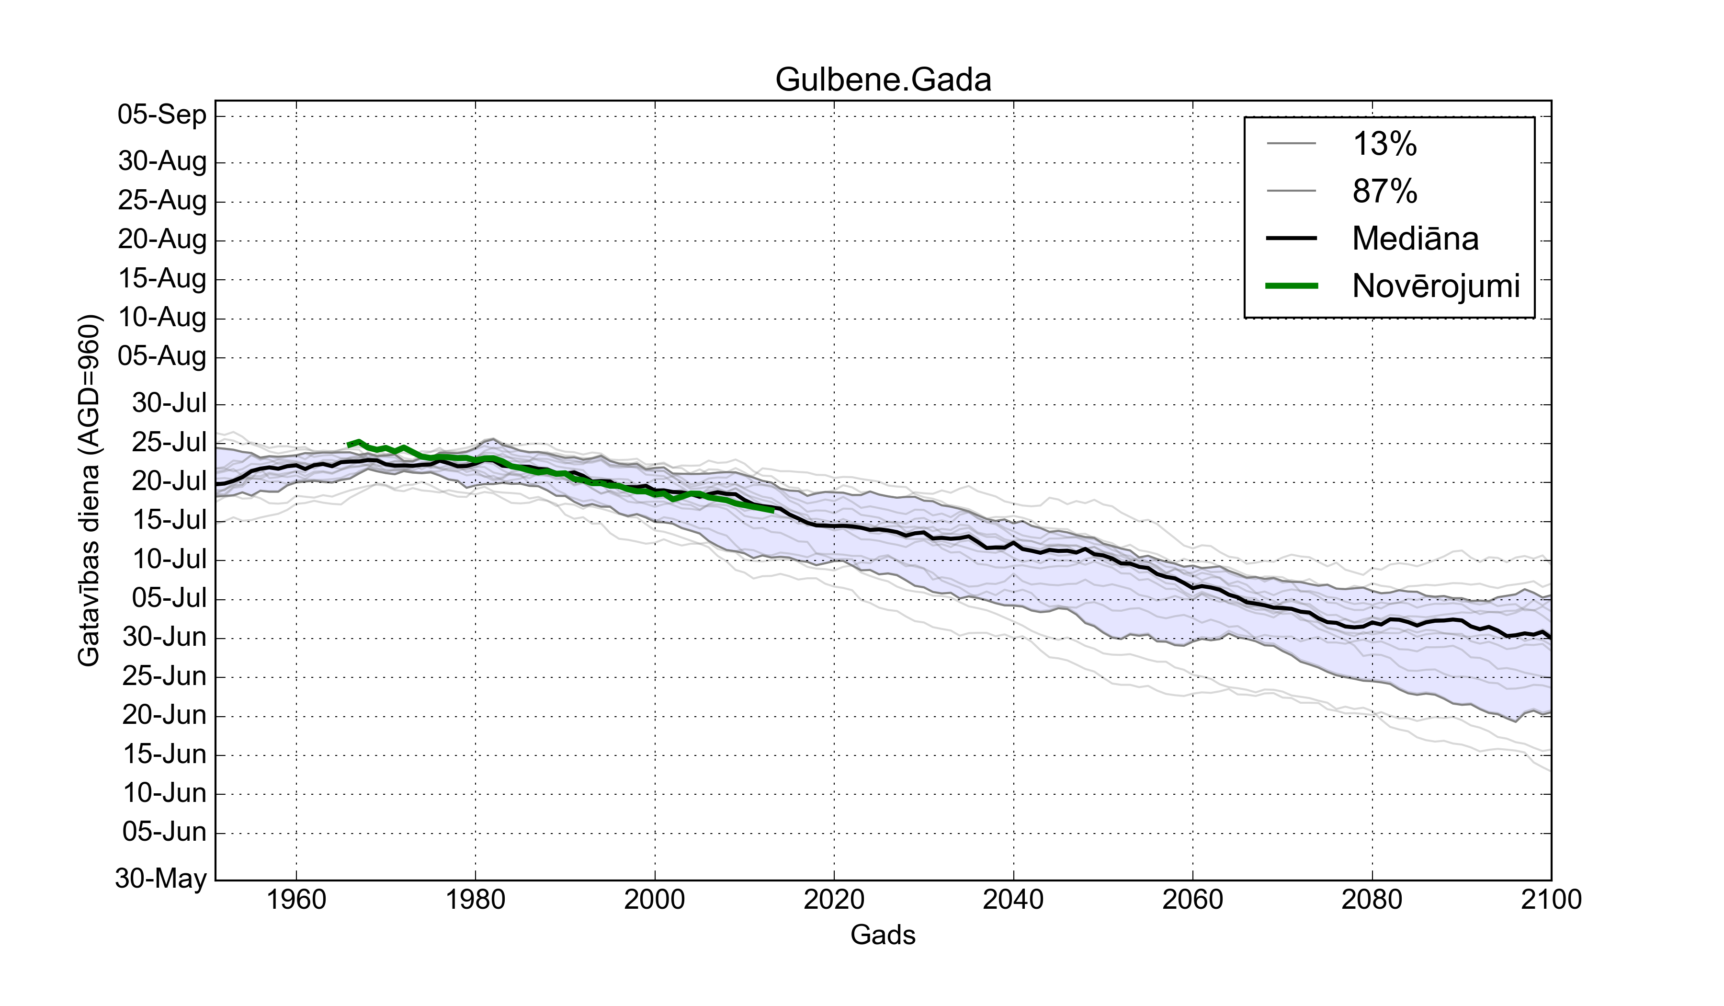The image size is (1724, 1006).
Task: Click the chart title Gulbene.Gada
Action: point(883,80)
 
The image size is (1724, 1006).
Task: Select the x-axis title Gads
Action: point(883,935)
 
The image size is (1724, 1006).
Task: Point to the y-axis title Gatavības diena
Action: point(89,490)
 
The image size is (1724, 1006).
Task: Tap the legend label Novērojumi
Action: point(1435,286)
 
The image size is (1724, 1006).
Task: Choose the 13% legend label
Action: point(1384,144)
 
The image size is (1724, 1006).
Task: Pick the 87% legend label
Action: point(1384,191)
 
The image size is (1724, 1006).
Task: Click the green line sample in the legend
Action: point(1291,286)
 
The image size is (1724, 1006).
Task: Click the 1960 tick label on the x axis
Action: point(296,899)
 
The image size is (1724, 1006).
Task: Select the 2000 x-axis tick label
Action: point(655,899)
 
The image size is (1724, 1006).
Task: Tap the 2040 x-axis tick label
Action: point(1013,899)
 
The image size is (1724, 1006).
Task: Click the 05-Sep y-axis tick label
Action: point(162,114)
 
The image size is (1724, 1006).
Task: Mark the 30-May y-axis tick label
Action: point(161,878)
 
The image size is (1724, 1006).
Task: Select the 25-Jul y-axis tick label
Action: point(169,443)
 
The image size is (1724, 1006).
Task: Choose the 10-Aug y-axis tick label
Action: point(162,318)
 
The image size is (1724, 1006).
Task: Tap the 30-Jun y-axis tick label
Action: point(164,637)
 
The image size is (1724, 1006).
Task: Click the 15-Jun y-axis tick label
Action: point(164,754)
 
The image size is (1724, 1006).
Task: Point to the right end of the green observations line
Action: point(772,510)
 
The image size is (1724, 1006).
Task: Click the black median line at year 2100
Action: point(1550,637)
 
